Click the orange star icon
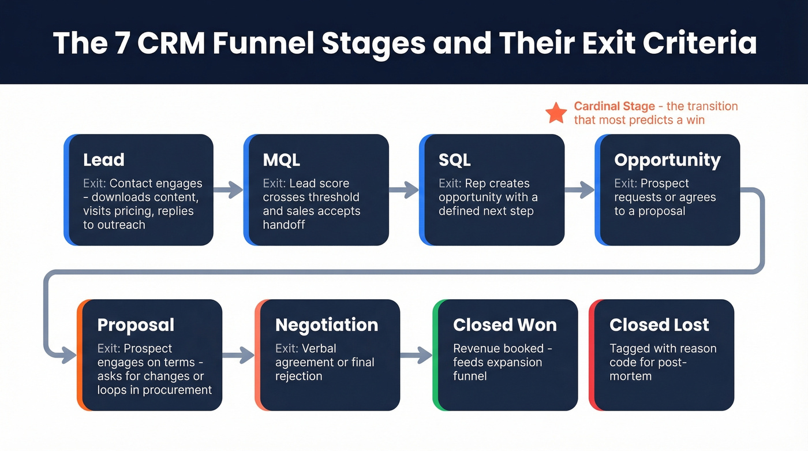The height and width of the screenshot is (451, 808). (556, 113)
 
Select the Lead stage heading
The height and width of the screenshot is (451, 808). (104, 160)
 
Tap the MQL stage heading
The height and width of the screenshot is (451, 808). (282, 160)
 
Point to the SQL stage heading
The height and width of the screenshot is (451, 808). (455, 160)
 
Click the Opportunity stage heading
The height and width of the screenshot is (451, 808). (667, 160)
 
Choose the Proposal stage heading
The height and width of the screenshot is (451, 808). (136, 325)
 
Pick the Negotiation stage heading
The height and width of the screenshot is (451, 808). (327, 325)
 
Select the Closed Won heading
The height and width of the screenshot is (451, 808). (505, 325)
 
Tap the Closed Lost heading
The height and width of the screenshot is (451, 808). (659, 325)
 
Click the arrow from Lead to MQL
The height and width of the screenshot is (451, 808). (229, 190)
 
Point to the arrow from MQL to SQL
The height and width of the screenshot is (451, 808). (404, 190)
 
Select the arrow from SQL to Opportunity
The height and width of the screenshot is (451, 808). (579, 190)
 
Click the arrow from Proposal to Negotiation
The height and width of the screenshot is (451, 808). (238, 355)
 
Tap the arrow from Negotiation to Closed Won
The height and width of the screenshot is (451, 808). (416, 355)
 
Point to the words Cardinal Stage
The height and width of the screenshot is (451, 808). (614, 106)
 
